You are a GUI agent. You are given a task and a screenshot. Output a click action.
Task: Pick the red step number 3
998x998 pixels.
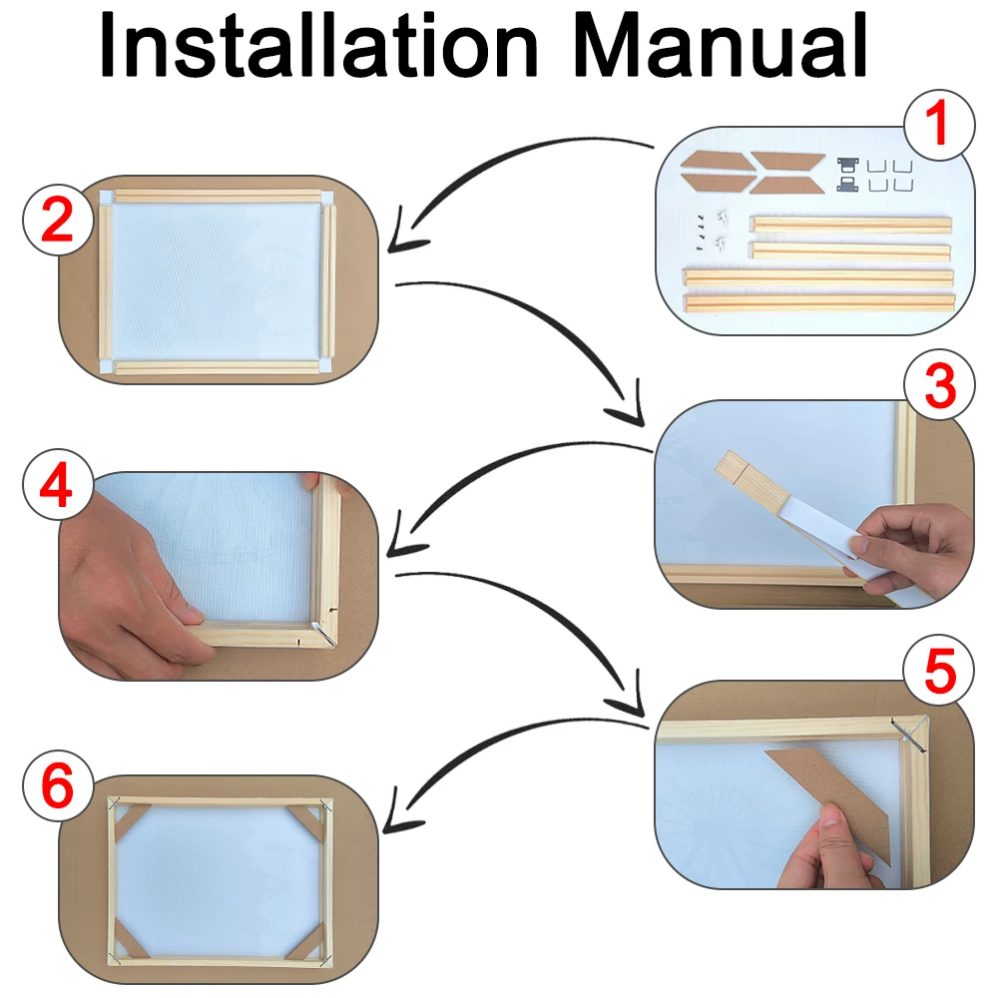click(x=938, y=389)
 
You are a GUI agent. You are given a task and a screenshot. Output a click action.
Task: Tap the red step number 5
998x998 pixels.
click(x=938, y=671)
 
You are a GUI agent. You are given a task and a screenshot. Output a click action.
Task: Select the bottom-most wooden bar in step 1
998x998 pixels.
click(x=817, y=300)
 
